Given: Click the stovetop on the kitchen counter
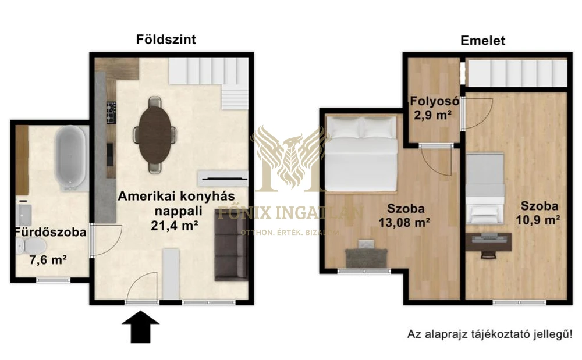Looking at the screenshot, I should [x=110, y=112].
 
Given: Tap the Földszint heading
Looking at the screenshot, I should [x=166, y=40].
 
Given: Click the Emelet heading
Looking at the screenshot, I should [x=482, y=41].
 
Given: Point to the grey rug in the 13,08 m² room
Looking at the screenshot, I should [x=366, y=257].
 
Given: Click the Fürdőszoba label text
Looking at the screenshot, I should [x=51, y=233].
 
